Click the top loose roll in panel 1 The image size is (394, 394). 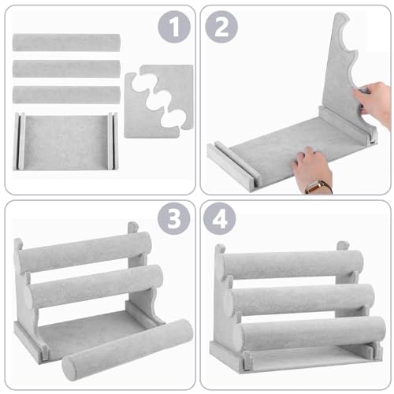66,43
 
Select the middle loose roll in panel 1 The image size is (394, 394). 66,69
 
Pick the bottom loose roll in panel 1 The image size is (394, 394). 66,95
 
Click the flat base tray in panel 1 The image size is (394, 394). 66,141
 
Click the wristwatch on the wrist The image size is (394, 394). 318,186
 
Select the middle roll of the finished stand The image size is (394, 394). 303,299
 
